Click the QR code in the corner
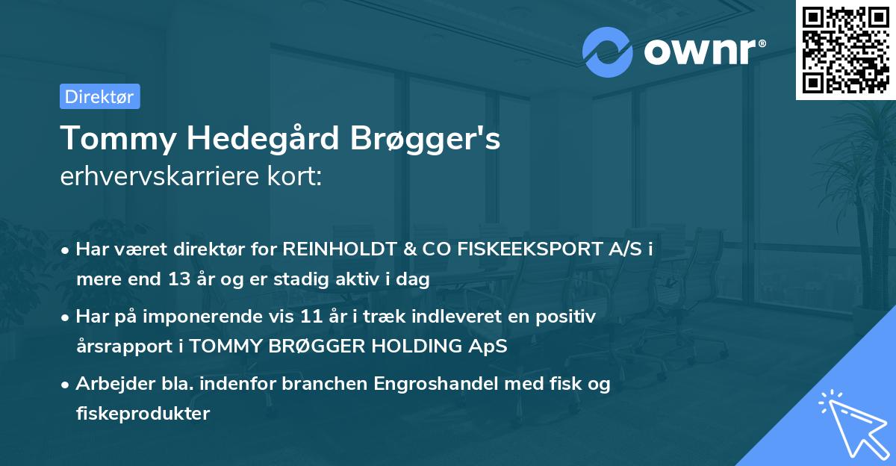845,50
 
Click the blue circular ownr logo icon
608,52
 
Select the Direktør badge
99,96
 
